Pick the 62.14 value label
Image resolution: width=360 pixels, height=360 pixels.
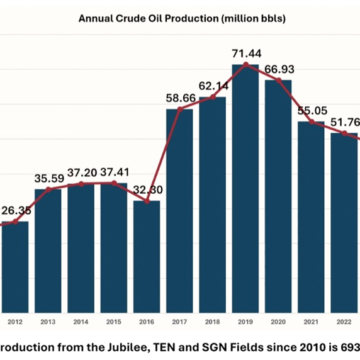pyautogui.click(x=213, y=76)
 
